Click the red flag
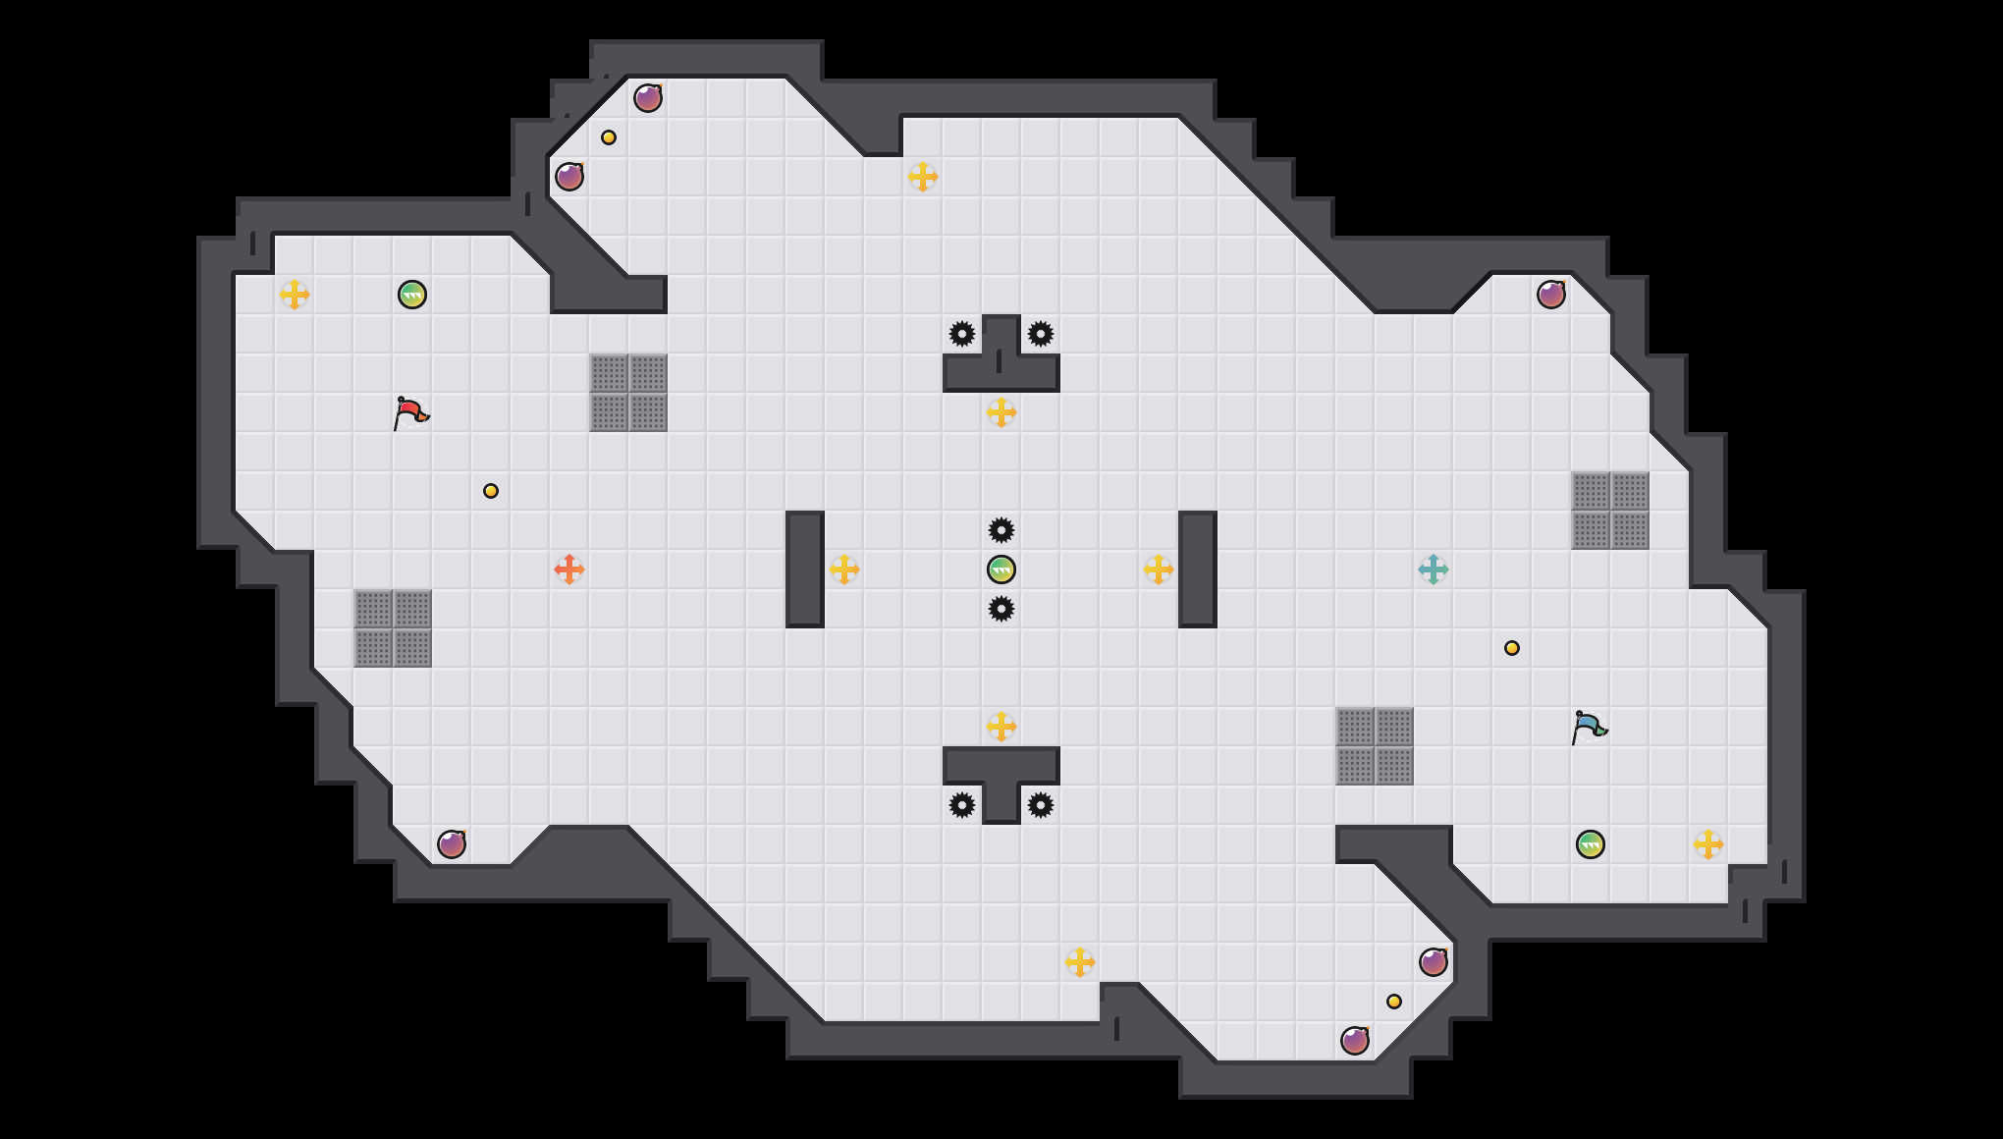point(410,412)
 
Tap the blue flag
point(1589,727)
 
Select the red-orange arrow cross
point(569,569)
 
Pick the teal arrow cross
point(1434,569)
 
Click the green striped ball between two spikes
point(1001,569)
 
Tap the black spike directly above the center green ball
point(1001,530)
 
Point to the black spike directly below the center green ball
point(1001,609)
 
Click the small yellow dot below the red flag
point(491,491)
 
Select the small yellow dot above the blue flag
point(1512,648)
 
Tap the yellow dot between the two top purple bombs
point(609,137)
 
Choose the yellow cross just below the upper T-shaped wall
point(1001,412)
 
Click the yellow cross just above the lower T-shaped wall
point(1001,727)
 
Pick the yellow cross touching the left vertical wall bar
point(844,569)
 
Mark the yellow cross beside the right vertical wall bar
point(1159,569)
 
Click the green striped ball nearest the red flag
point(412,295)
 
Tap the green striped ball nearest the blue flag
point(1591,844)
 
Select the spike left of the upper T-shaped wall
point(962,334)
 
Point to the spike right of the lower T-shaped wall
point(1041,805)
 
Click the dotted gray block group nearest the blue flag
point(1375,746)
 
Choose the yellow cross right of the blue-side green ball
point(1708,844)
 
